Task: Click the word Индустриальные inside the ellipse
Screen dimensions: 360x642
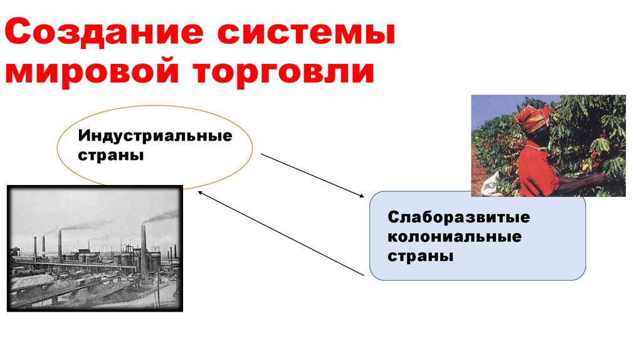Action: click(x=154, y=136)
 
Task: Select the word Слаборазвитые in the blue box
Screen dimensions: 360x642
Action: click(x=458, y=218)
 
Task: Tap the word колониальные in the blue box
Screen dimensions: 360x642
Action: click(x=455, y=237)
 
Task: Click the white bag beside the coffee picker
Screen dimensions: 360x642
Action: click(x=490, y=183)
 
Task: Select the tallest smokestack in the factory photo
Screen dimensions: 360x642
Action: click(x=144, y=248)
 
